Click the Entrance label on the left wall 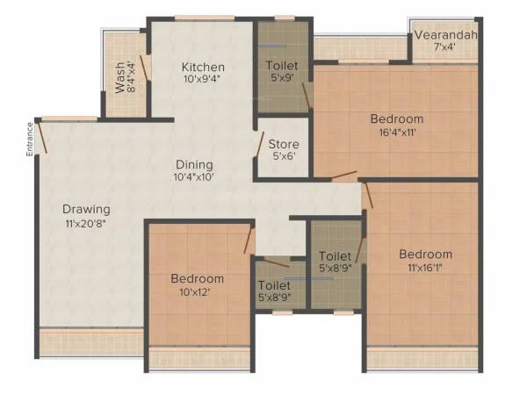coord(29,138)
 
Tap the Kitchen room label coord(203,68)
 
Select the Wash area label coord(120,77)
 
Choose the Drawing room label coord(86,209)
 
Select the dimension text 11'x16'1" coord(424,268)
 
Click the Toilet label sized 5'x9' coord(282,66)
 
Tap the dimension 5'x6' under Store coord(284,157)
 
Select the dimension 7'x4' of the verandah coord(447,49)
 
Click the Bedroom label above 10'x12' coord(197,279)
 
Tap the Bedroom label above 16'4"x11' coord(396,119)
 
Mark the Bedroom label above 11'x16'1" coord(424,255)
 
